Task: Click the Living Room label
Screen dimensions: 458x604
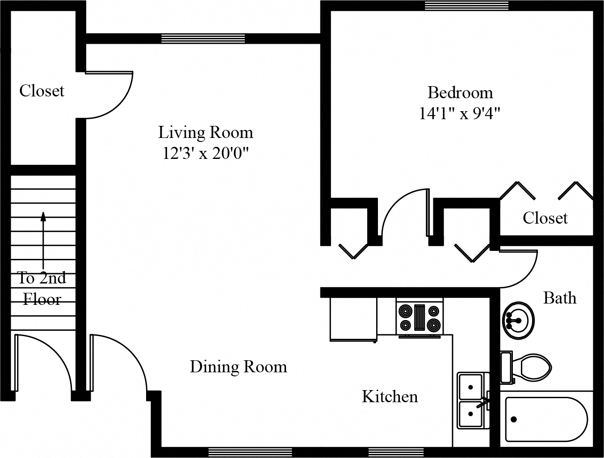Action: point(206,133)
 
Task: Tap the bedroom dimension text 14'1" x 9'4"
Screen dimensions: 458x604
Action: point(459,113)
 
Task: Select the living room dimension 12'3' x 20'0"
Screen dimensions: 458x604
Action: point(206,154)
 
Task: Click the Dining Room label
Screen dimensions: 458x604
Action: point(238,367)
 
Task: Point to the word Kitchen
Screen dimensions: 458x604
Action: point(390,396)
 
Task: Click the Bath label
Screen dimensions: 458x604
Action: point(559,298)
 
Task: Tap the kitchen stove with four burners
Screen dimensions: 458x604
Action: point(419,318)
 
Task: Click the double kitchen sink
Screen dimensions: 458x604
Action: point(473,400)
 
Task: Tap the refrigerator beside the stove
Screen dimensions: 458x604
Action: point(353,319)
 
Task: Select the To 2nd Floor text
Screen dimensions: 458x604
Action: point(42,288)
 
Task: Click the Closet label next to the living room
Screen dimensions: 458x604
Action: point(42,91)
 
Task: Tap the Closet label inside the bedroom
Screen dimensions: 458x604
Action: point(545,218)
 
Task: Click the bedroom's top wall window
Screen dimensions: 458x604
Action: point(466,5)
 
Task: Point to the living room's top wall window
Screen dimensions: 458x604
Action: point(203,39)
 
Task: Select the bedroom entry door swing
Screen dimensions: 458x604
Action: point(402,214)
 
